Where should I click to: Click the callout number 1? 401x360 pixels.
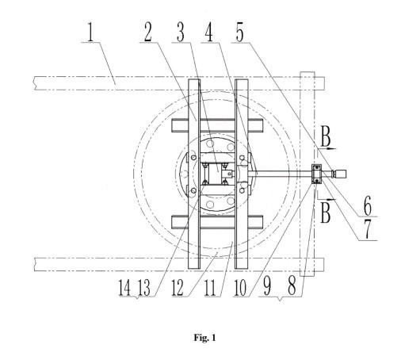click(90, 32)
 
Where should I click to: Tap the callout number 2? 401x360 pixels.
click(148, 32)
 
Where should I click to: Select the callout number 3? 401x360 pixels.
click(181, 33)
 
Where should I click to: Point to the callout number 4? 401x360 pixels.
click(209, 33)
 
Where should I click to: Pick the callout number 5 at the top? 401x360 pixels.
click(239, 33)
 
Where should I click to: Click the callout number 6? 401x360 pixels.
click(368, 205)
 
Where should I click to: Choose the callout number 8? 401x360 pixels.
click(292, 287)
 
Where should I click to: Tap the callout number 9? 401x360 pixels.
click(267, 287)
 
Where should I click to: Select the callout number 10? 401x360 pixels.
click(240, 287)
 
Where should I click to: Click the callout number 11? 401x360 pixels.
click(210, 287)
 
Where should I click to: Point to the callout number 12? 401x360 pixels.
click(178, 287)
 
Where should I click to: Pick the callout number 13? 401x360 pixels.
click(144, 287)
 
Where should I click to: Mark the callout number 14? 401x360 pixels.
click(124, 287)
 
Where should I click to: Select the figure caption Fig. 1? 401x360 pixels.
click(204, 338)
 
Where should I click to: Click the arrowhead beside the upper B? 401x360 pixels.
click(332, 149)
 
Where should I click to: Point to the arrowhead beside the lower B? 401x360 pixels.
click(331, 199)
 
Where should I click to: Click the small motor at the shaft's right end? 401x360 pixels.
click(339, 174)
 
